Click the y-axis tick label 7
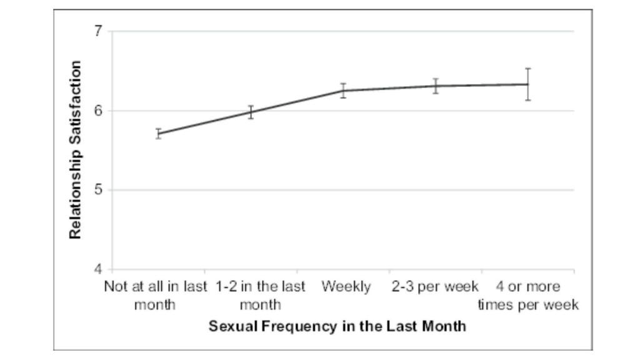98,31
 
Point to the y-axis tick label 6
98,111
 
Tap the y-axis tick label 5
98,190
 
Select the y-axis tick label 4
98,269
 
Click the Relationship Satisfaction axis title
76,150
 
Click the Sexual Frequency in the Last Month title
337,326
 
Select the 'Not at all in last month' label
155,296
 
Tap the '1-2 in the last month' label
261,296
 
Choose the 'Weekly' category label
346,287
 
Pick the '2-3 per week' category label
435,287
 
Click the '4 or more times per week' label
528,296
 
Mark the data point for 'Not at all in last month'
159,134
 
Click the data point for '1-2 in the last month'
251,112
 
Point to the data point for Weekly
343,91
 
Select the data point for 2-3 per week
436,86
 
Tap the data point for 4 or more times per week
528,84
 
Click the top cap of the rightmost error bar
528,69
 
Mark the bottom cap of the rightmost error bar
528,100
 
